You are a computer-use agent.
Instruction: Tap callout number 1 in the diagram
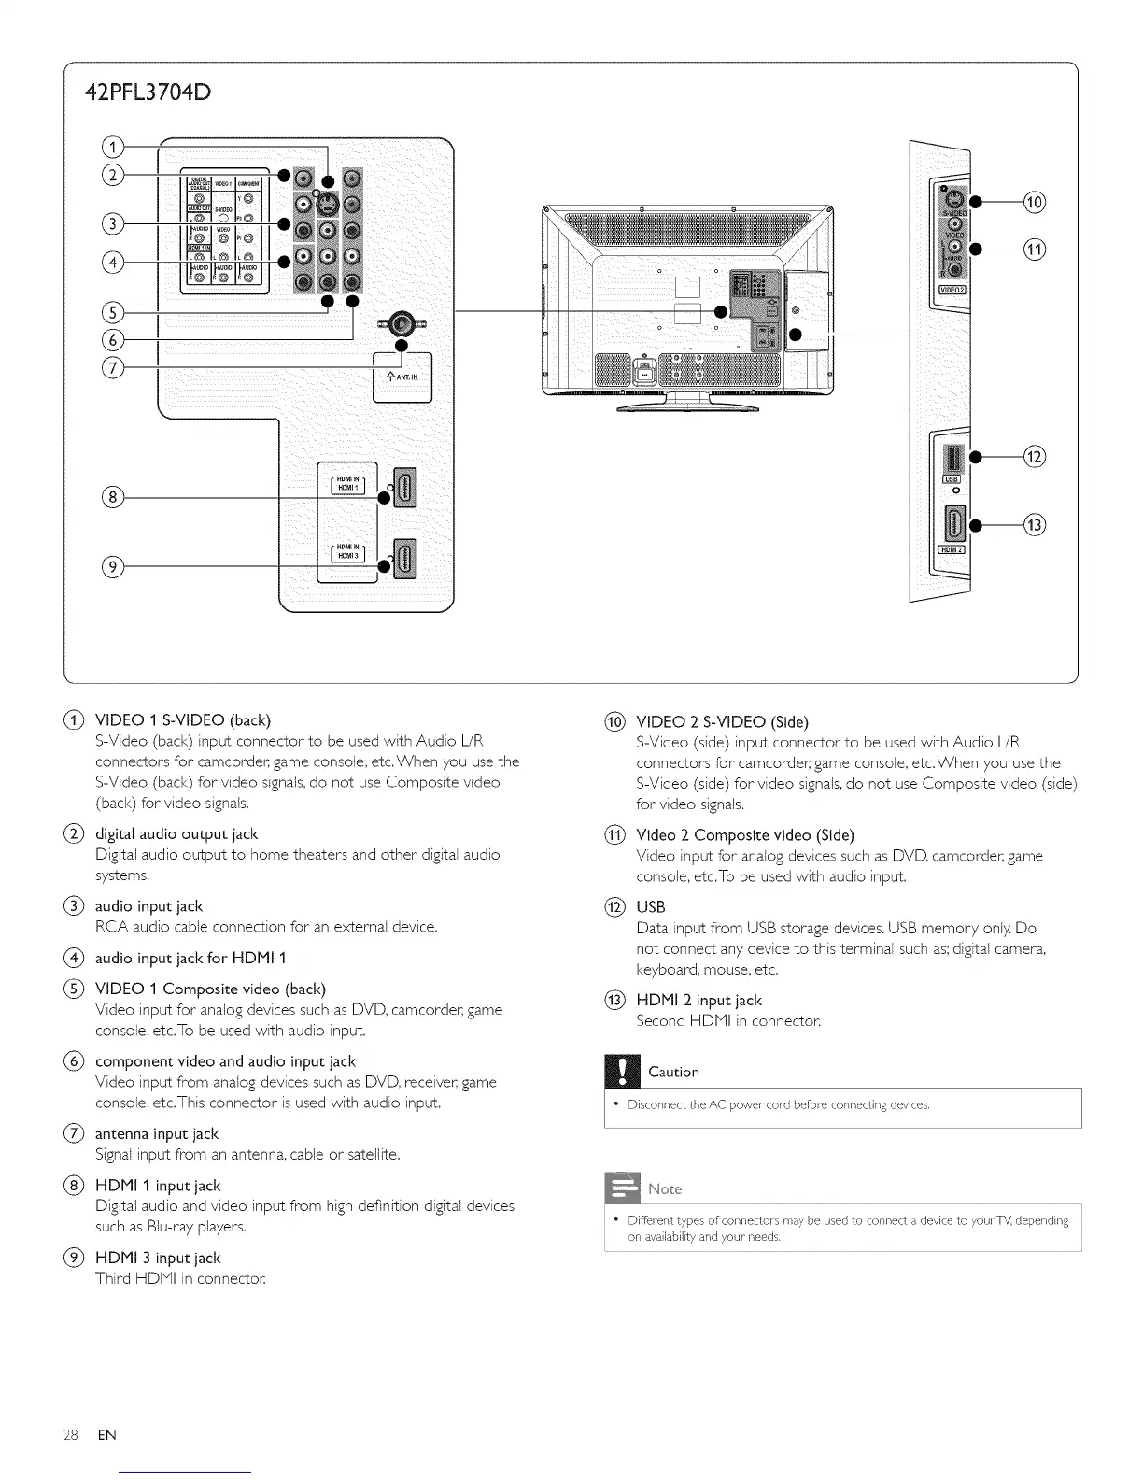pos(112,148)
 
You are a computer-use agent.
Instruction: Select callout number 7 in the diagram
pos(112,365)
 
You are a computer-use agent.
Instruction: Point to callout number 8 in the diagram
pos(112,497)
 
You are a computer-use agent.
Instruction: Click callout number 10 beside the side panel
pos(1034,202)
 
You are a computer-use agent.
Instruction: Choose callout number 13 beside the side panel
pos(1034,525)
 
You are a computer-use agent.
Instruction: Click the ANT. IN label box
pos(402,377)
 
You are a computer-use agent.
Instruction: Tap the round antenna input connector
pos(402,324)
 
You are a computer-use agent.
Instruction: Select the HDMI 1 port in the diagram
pos(404,487)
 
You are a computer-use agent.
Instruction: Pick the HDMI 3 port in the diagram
pos(404,559)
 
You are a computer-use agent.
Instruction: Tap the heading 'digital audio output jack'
pos(176,833)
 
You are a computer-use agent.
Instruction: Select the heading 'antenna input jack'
pos(157,1133)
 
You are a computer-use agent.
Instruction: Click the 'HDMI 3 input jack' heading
pos(158,1258)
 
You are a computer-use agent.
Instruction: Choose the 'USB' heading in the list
pos(651,907)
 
